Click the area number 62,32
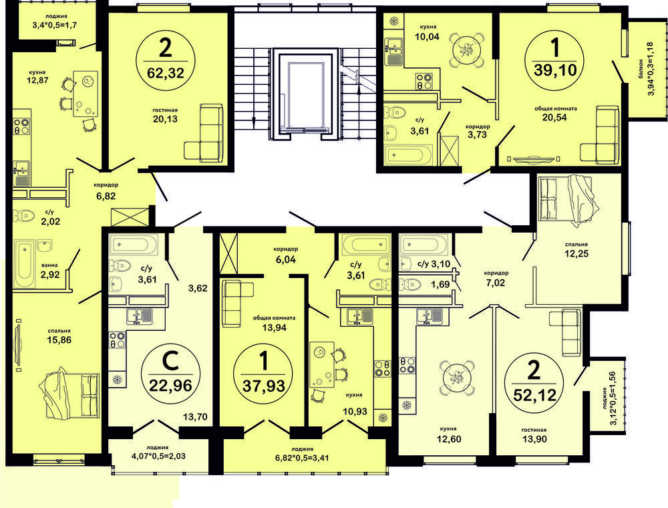[165, 73]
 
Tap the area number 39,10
[555, 70]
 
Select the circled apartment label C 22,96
[170, 374]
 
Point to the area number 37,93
[264, 386]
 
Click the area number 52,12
[534, 395]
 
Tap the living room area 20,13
[166, 119]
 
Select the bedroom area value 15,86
[59, 340]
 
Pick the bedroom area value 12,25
[577, 253]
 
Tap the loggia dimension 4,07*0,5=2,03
[158, 456]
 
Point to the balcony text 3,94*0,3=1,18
[650, 69]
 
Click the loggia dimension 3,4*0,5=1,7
[55, 25]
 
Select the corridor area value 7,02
[496, 283]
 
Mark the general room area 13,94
[275, 328]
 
